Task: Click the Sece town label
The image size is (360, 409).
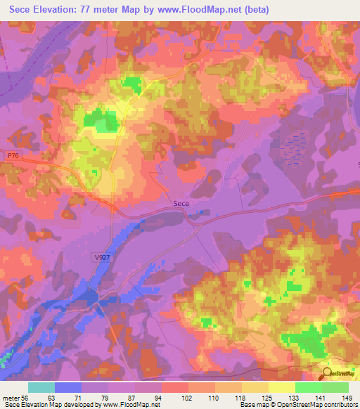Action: coord(181,203)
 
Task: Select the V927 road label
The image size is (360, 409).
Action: coord(102,258)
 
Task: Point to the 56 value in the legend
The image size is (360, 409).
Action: coord(26,397)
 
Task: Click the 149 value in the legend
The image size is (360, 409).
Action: coord(347,397)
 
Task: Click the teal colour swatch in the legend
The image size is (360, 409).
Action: coord(41,387)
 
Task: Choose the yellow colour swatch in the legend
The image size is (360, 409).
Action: coord(281,387)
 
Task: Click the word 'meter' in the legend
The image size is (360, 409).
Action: coord(10,397)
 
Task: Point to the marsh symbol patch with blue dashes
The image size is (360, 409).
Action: coord(295,147)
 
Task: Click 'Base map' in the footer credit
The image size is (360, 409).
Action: coord(254,405)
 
